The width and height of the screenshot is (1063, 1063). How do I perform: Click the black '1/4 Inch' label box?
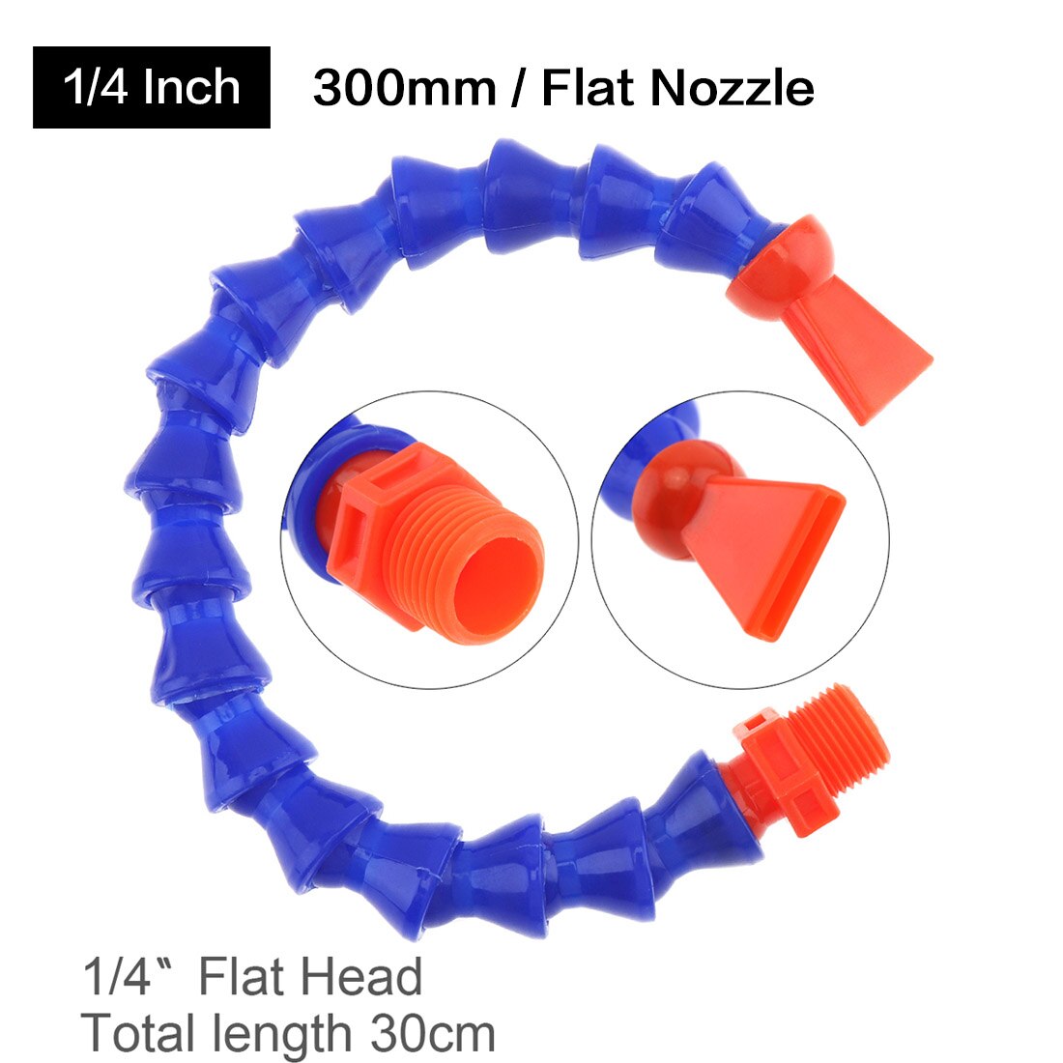point(152,87)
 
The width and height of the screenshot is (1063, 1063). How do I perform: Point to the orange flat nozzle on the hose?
point(860,353)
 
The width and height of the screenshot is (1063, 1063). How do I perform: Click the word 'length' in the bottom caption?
point(282,1034)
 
